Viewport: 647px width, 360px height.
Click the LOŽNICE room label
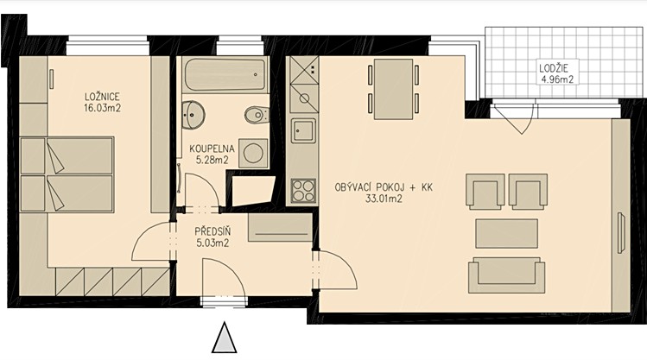(x=102, y=97)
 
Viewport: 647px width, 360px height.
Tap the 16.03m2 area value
(x=102, y=108)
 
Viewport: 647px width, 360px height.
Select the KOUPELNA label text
(x=212, y=148)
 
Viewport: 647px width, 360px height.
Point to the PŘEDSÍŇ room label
(x=212, y=232)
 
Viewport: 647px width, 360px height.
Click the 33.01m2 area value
(x=384, y=199)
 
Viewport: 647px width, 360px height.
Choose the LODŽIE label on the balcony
(x=556, y=68)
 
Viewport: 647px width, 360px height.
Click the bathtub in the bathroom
(x=225, y=74)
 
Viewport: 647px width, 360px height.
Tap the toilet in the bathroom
(x=257, y=115)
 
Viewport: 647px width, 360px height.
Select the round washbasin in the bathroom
(x=193, y=115)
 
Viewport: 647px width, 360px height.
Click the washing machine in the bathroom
(x=253, y=153)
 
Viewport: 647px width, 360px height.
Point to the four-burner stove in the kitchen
(x=303, y=191)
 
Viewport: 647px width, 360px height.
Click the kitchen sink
(x=303, y=131)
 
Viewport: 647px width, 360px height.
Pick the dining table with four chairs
(x=393, y=89)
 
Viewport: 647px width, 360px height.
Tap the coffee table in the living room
(x=507, y=233)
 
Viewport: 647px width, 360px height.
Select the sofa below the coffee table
(x=507, y=275)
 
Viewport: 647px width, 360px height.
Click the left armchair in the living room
(x=485, y=190)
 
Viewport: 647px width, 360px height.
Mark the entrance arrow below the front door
(x=224, y=338)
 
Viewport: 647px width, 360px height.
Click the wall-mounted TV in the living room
(x=620, y=232)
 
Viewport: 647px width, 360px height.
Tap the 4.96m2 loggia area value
(x=557, y=79)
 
